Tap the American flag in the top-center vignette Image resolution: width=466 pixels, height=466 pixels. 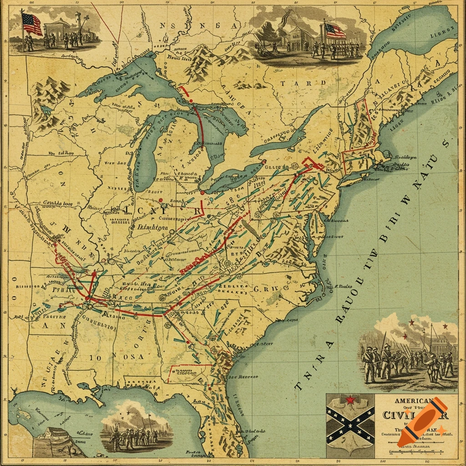(x=335, y=31)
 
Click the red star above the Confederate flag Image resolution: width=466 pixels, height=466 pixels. (x=350, y=400)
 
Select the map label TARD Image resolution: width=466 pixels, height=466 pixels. (x=303, y=83)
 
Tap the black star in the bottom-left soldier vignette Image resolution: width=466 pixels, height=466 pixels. (x=129, y=412)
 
